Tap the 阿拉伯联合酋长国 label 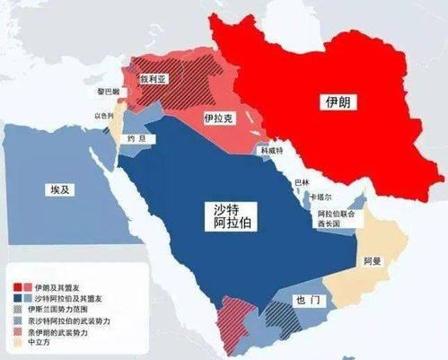point(337,221)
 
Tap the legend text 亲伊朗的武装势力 point(63,329)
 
